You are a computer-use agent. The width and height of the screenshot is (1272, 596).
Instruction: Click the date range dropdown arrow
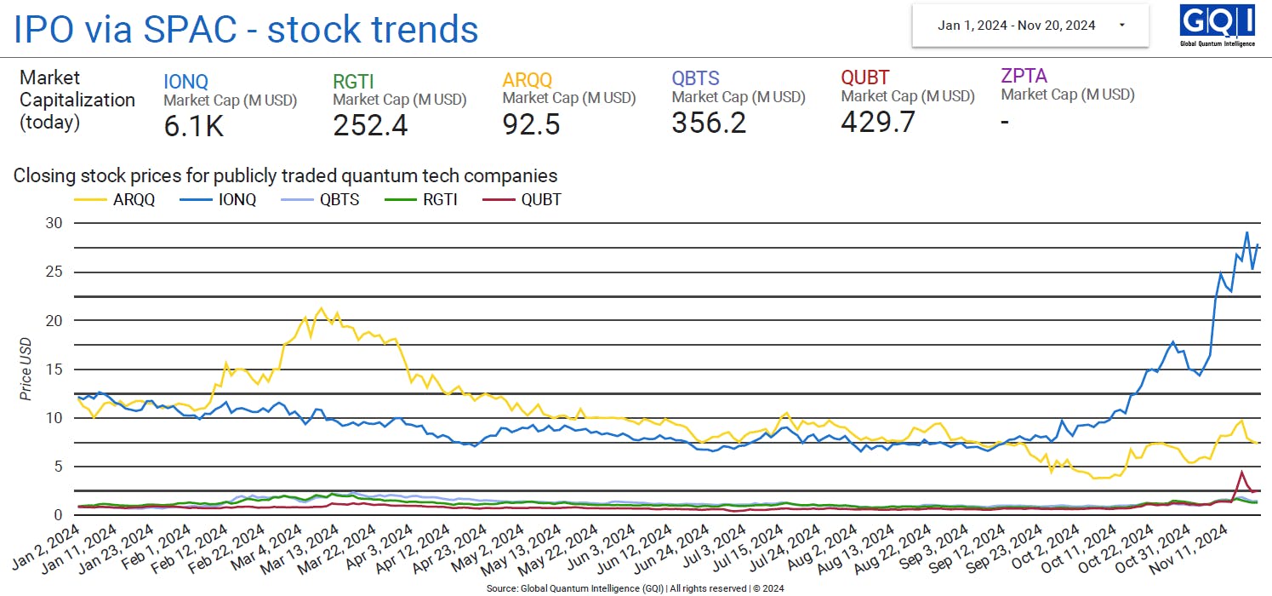click(x=1122, y=25)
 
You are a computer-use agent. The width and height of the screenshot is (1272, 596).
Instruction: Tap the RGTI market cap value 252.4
click(x=370, y=125)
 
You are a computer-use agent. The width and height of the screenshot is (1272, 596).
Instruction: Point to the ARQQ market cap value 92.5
click(x=531, y=125)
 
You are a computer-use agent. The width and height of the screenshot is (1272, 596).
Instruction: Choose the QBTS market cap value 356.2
click(x=709, y=123)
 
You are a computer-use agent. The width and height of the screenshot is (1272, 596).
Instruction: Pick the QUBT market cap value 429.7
click(x=878, y=122)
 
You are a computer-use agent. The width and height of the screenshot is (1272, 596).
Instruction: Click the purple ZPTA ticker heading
click(x=1024, y=76)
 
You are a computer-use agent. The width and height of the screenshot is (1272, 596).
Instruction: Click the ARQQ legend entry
click(x=123, y=200)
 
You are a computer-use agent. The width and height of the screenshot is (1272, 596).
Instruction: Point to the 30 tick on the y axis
click(x=56, y=223)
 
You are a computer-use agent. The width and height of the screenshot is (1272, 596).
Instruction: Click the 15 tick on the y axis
click(x=56, y=370)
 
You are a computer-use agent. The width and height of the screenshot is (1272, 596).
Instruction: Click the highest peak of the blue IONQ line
click(x=1246, y=232)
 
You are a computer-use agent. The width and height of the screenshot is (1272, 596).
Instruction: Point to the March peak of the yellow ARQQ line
click(x=321, y=308)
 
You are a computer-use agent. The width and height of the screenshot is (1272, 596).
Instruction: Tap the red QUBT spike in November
click(x=1241, y=472)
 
